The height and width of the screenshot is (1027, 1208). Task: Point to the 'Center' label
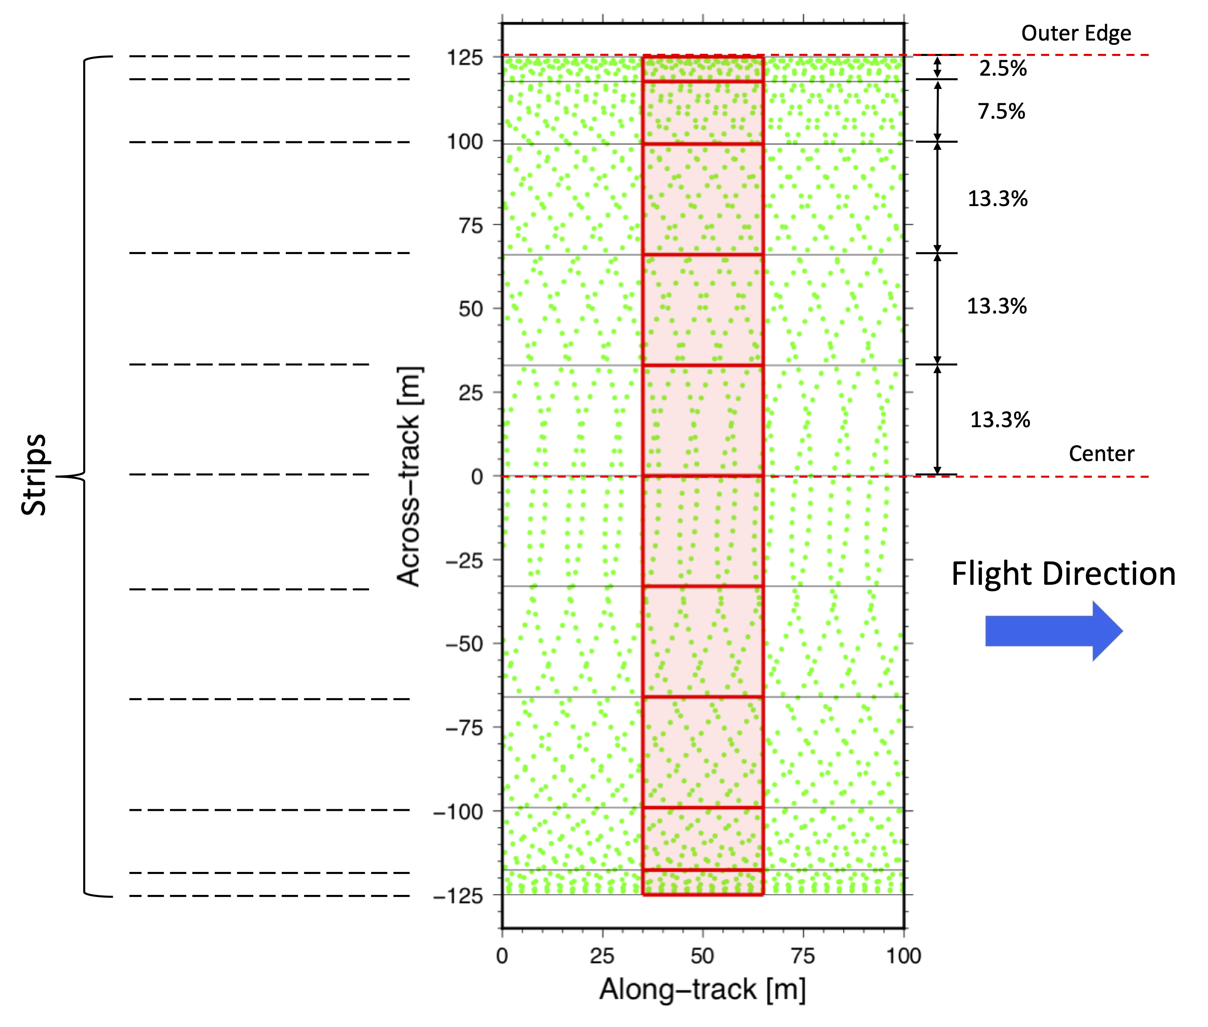point(1101,454)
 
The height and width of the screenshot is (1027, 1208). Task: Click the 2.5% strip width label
point(1002,68)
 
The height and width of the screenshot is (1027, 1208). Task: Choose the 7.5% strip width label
point(1001,111)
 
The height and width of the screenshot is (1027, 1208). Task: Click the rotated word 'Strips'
point(34,474)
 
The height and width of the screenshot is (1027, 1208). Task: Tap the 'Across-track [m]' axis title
point(409,476)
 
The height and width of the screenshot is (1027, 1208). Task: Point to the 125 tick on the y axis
point(464,58)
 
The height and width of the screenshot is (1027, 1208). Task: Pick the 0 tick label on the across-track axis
point(477,477)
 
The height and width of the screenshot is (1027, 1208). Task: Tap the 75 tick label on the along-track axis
point(803,956)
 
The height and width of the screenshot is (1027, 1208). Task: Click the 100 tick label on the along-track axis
point(903,956)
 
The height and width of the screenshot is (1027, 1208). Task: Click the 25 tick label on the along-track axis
point(602,956)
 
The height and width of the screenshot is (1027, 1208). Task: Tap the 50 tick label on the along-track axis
point(702,956)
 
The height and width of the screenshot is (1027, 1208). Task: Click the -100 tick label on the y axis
point(458,812)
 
